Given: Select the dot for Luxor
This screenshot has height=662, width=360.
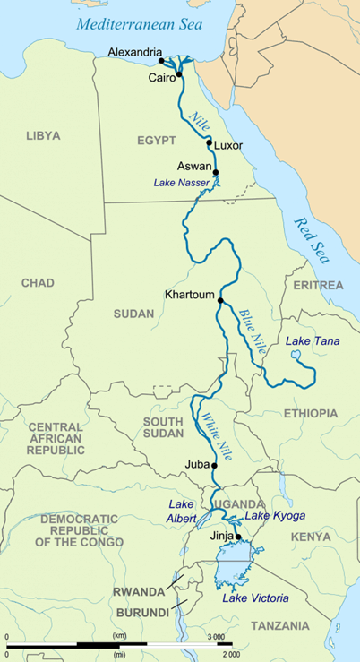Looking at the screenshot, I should pyautogui.click(x=209, y=143).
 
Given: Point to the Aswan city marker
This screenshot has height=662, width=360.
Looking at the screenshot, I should pyautogui.click(x=215, y=172).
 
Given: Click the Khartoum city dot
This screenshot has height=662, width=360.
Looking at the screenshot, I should pyautogui.click(x=220, y=301).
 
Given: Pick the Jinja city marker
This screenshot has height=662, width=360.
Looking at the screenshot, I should pyautogui.click(x=238, y=537).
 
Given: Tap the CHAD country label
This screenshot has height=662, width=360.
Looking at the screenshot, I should pyautogui.click(x=38, y=283).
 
